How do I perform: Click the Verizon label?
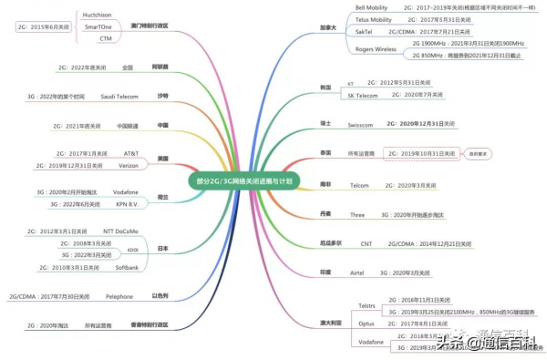pos(126,166)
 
